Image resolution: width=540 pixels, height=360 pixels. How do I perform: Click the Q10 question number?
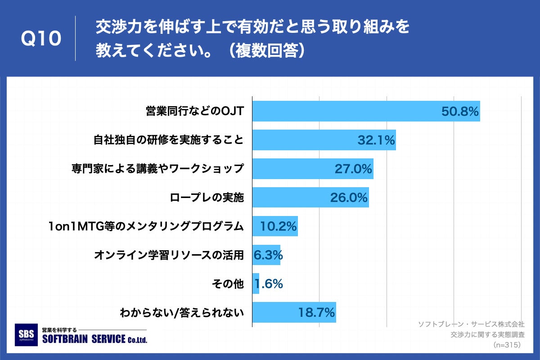point(41,39)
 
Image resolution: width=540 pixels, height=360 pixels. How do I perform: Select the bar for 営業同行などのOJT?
point(342,111)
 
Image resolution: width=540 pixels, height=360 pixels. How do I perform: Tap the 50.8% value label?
point(460,112)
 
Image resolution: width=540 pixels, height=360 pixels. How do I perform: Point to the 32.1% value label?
point(376,140)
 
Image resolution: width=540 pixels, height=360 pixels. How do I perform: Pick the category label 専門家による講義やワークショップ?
point(157,169)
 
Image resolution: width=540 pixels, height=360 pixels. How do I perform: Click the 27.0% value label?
point(353,169)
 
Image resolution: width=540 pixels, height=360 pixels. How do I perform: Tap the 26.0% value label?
point(349,198)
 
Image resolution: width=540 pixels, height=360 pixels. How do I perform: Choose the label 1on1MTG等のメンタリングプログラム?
point(146,226)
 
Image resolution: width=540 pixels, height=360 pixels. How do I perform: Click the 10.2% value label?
point(279,226)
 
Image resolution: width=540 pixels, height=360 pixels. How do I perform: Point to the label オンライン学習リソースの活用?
point(169,255)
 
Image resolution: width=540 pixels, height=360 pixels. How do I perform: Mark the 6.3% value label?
point(268,255)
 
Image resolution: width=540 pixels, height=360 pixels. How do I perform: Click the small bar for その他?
point(256,283)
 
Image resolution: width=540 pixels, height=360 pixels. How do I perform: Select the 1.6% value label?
point(269,284)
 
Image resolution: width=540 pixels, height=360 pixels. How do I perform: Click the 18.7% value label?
point(316,312)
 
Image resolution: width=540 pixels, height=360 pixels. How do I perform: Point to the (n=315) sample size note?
point(507,345)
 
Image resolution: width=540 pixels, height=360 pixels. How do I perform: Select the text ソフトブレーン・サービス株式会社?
point(471,324)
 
